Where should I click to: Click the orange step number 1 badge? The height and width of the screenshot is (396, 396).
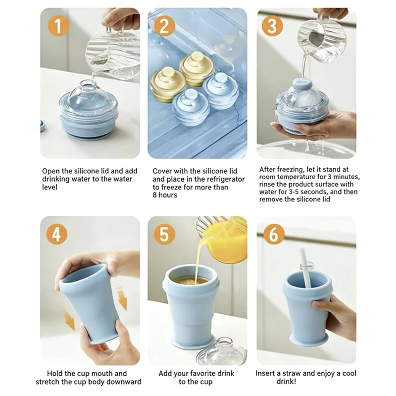point(58,26)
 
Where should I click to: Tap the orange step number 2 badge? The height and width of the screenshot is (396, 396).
point(165,26)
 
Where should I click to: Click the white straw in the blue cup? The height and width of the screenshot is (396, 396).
point(305,275)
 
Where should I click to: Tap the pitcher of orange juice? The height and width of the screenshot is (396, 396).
point(225,240)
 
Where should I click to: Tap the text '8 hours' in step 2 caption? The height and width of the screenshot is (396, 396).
point(165,195)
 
